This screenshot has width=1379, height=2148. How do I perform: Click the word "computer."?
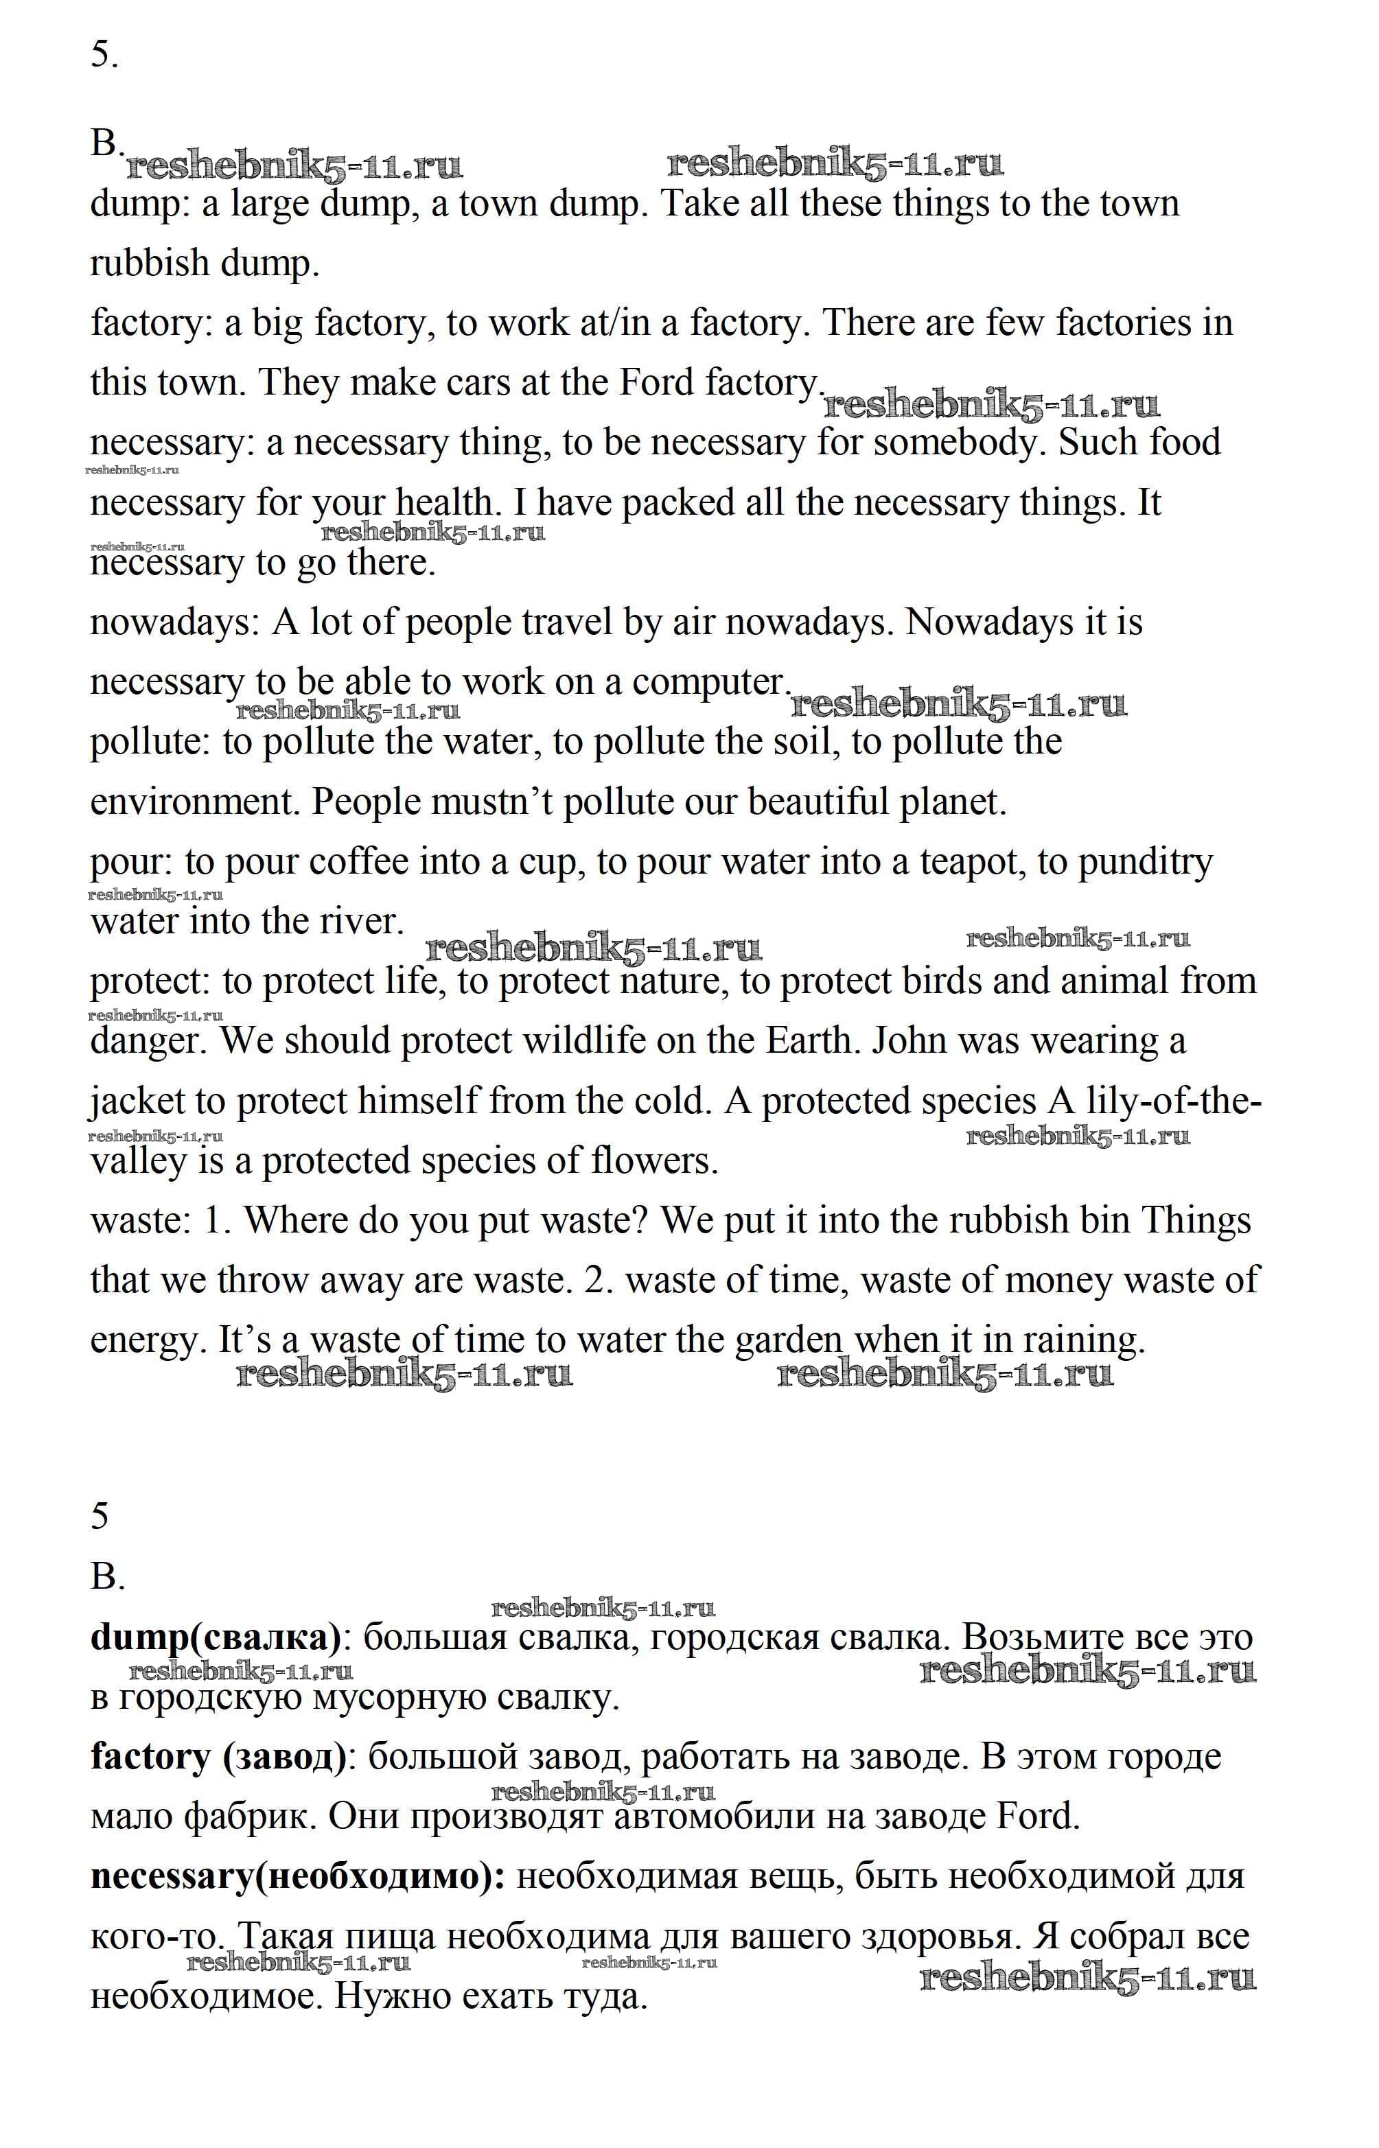[x=711, y=683]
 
